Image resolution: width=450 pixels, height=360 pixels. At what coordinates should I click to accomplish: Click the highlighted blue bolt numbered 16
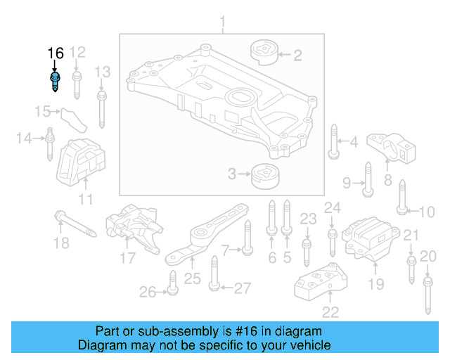point(55,81)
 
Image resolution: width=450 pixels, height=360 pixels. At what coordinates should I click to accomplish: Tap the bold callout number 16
point(56,53)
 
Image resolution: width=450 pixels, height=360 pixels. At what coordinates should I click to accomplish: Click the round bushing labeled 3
point(266,174)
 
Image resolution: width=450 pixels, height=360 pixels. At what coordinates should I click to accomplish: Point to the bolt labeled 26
point(172,288)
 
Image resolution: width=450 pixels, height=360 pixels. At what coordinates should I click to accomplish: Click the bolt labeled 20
point(427,293)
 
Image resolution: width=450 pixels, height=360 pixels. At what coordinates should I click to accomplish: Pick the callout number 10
point(426,211)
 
